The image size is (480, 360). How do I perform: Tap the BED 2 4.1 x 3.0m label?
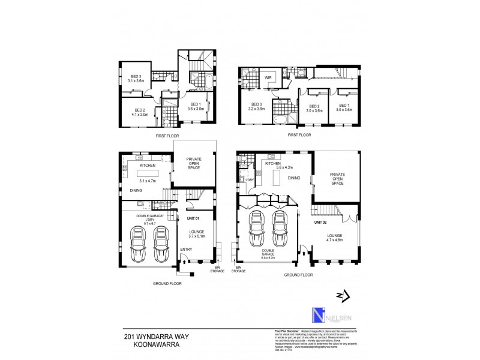click(140, 112)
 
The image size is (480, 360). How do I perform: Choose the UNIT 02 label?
click(322, 222)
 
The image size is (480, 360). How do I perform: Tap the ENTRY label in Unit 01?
click(186, 248)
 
